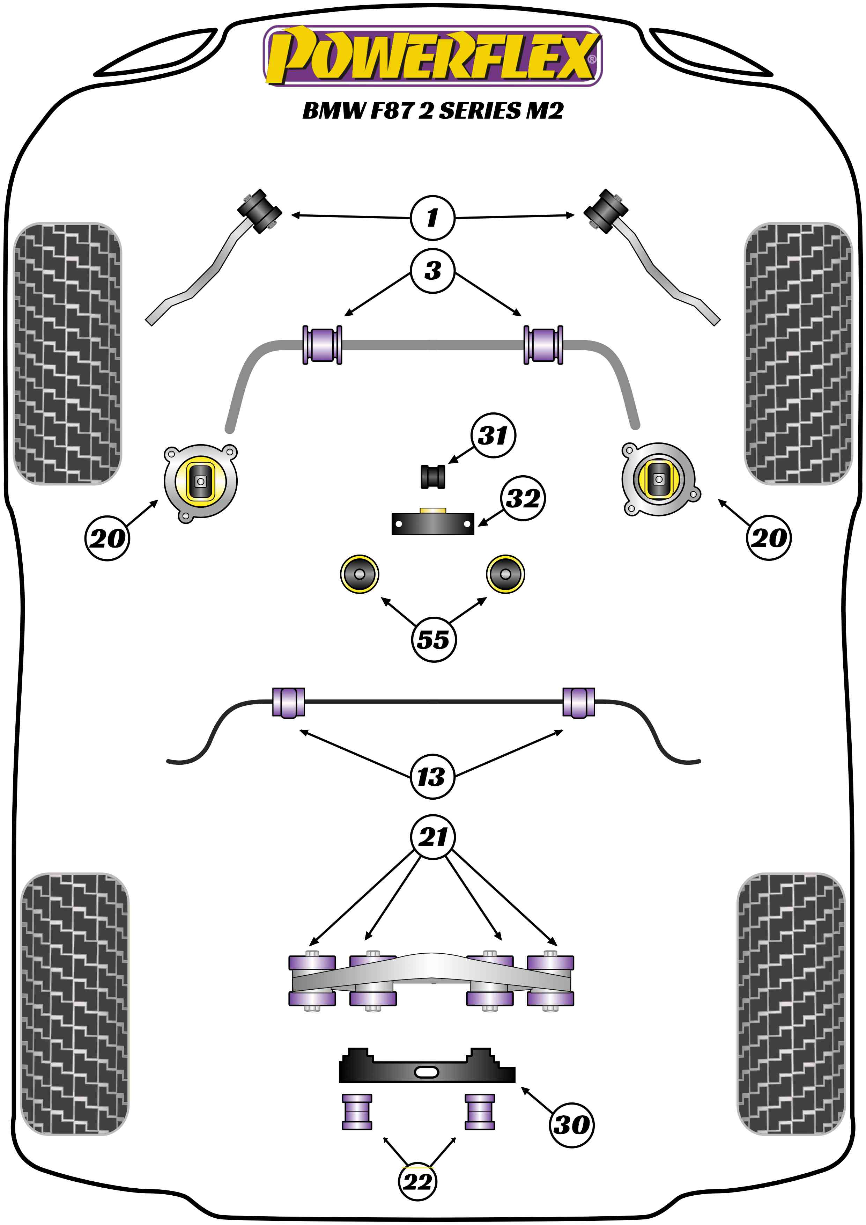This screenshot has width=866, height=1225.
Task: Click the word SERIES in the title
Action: [x=479, y=111]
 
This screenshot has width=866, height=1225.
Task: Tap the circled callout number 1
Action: [x=432, y=217]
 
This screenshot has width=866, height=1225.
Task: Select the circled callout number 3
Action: [x=432, y=271]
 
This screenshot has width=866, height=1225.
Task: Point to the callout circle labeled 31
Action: [x=493, y=435]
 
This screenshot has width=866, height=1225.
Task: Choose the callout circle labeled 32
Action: [x=523, y=498]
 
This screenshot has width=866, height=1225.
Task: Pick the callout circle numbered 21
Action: [x=432, y=837]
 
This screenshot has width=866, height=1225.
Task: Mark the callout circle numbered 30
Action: [x=571, y=1125]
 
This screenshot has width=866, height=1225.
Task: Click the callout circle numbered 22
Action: [x=417, y=1182]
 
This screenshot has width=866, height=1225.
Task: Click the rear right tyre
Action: [x=791, y=1003]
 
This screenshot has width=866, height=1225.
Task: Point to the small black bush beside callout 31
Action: [x=432, y=476]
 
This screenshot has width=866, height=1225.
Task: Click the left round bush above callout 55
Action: [x=360, y=573]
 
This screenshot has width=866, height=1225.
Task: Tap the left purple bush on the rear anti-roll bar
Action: [x=288, y=702]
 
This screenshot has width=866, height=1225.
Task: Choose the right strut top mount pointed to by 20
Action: [x=659, y=479]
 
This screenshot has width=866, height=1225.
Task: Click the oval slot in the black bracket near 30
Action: [x=426, y=1072]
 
